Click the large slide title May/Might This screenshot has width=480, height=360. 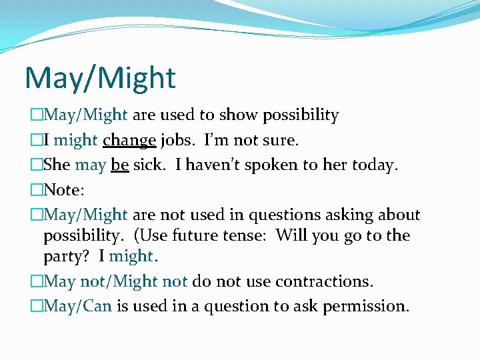(x=100, y=78)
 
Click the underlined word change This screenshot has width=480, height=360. (x=129, y=141)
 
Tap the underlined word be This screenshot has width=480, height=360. (x=120, y=165)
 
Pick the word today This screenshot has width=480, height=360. (x=374, y=165)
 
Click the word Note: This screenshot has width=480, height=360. (x=64, y=190)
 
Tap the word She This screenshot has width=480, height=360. (x=57, y=165)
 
